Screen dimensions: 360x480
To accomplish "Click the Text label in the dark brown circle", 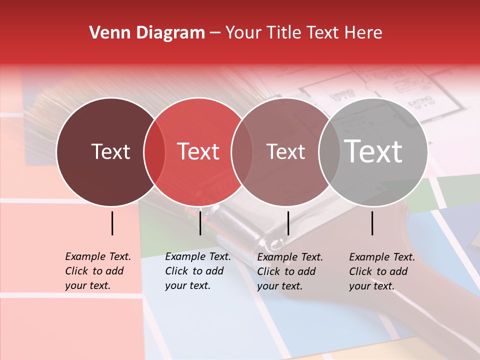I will click(110, 151).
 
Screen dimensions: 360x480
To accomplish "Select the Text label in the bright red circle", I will click(198, 151).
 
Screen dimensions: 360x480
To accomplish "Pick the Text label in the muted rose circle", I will click(285, 151).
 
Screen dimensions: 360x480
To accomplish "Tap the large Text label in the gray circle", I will click(373, 151).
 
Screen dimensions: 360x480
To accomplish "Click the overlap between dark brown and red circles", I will click(154, 151).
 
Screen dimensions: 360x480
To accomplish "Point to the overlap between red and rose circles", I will click(242, 151).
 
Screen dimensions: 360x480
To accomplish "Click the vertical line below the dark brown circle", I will click(112, 223).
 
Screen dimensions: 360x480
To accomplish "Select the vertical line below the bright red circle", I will click(200, 223).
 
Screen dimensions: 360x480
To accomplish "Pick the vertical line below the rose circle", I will click(288, 223).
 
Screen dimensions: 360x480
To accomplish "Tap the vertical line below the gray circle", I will click(372, 223).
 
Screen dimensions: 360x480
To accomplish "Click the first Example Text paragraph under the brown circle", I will click(98, 271).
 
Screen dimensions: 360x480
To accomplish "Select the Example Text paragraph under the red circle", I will click(198, 271).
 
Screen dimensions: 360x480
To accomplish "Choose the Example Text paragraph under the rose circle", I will click(290, 271).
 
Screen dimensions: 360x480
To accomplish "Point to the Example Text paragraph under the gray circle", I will click(382, 271).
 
